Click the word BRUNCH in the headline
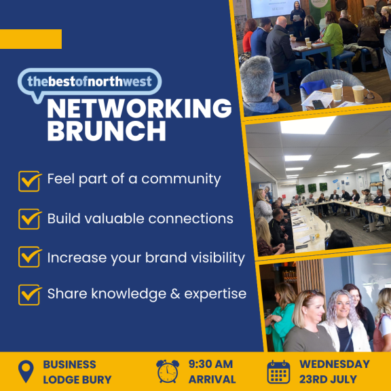click(107, 132)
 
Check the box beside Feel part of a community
click(30, 181)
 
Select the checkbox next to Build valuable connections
click(30, 219)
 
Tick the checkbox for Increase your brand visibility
click(30, 257)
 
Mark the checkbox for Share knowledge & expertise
click(30, 295)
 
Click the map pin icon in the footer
click(26, 371)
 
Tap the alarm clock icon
click(168, 371)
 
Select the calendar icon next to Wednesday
click(278, 372)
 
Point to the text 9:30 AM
click(210, 365)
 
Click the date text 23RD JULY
click(328, 379)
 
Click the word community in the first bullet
click(181, 179)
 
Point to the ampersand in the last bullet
click(175, 294)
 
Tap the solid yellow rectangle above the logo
click(31, 39)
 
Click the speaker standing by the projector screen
click(297, 18)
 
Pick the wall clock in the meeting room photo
click(388, 174)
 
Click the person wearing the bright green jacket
click(332, 37)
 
